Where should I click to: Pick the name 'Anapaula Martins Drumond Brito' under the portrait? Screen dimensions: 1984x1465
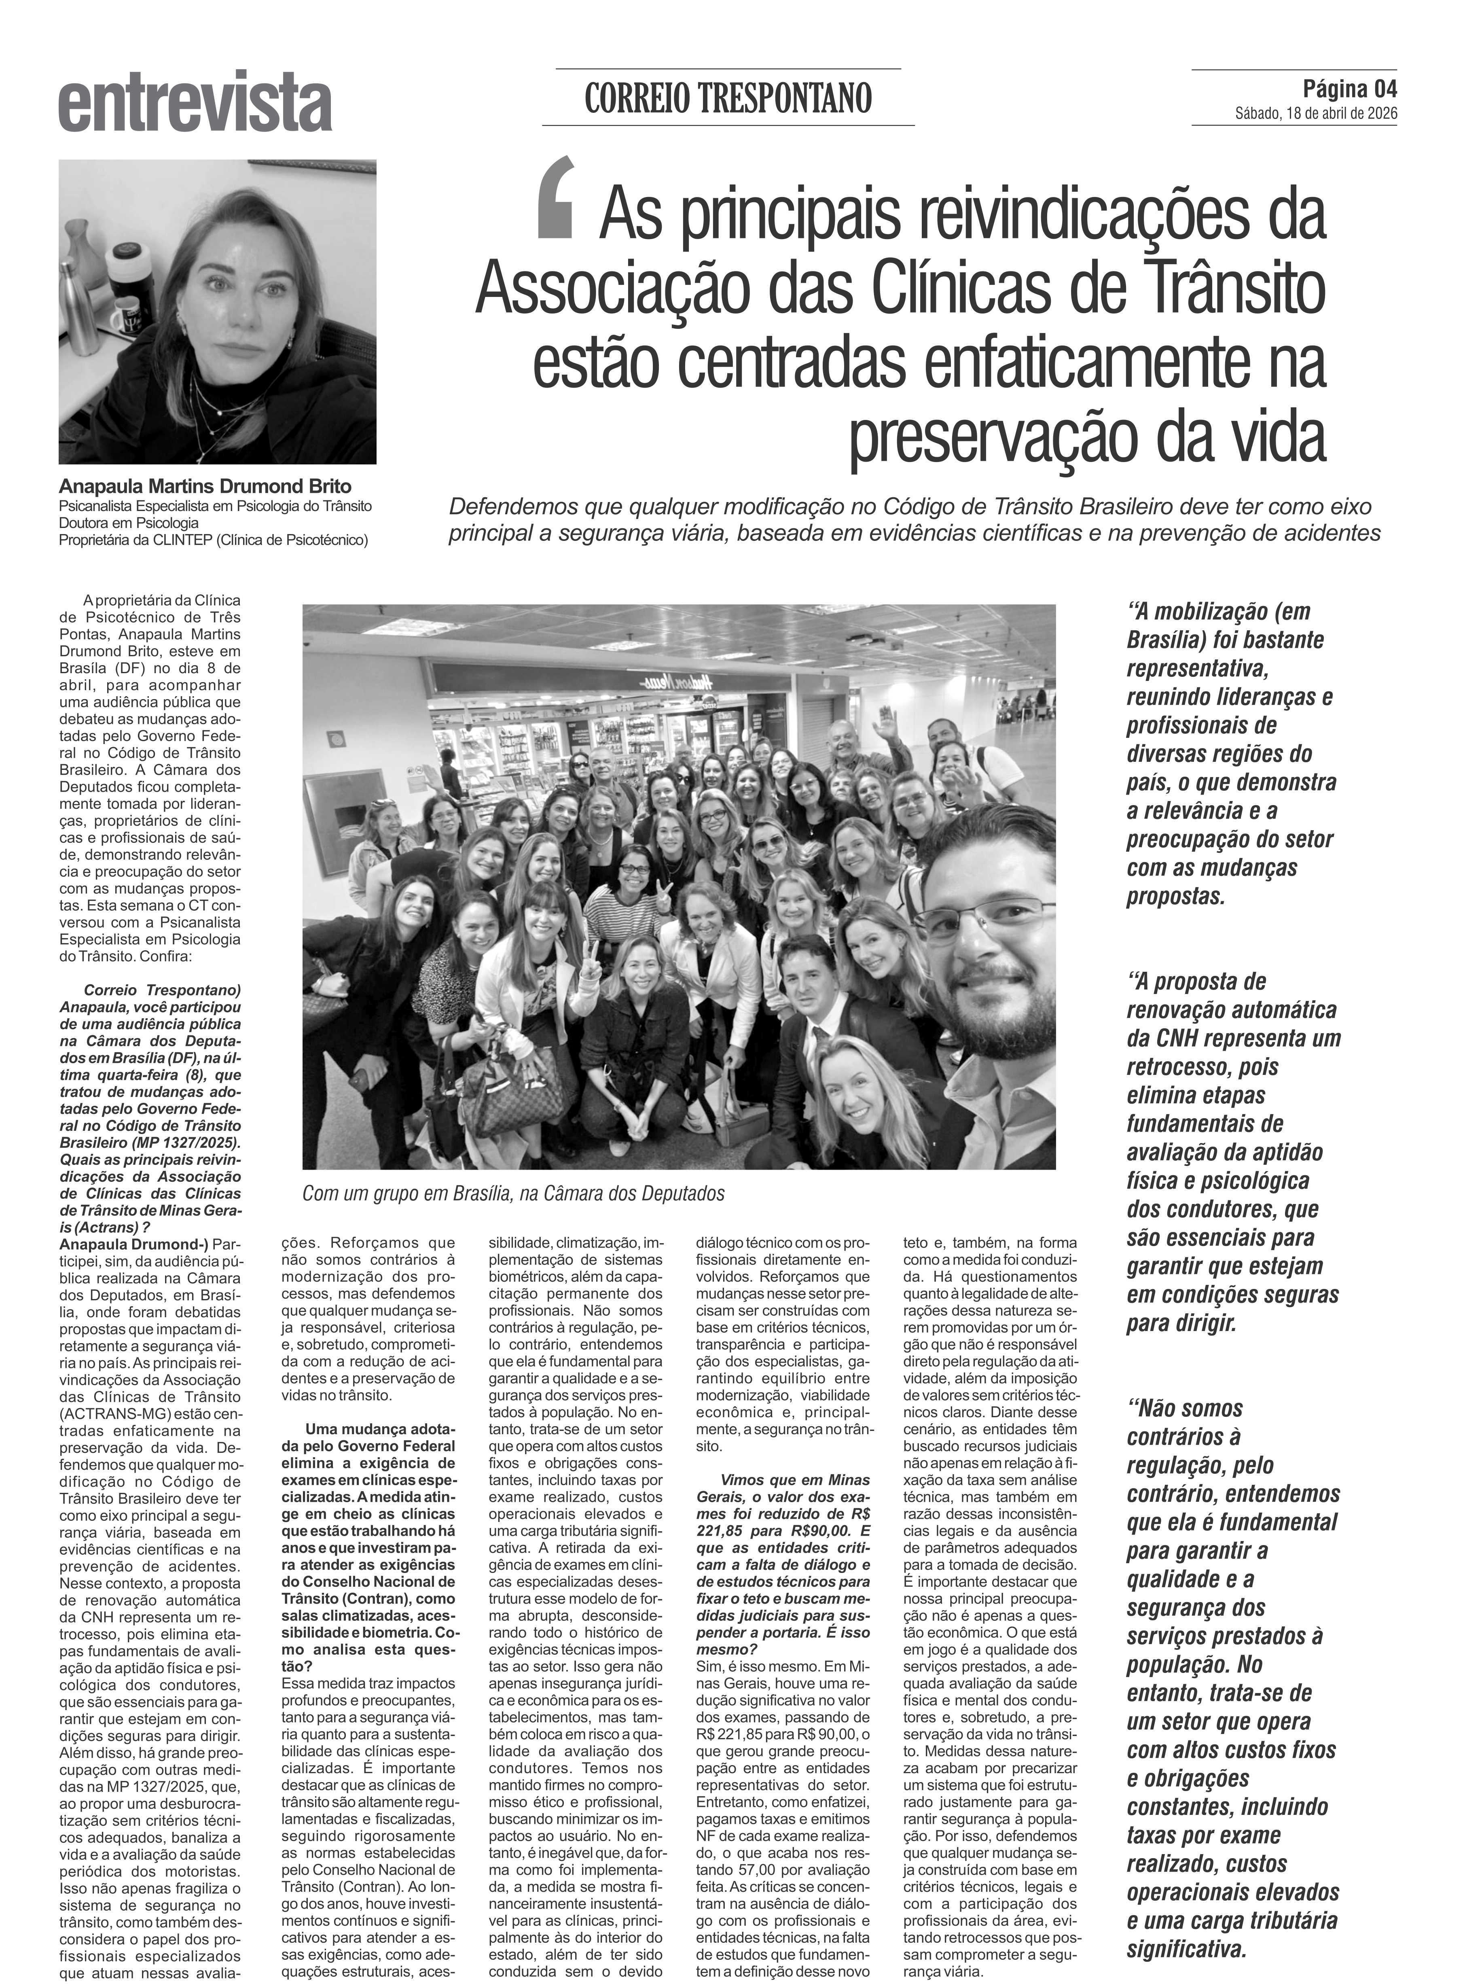point(205,487)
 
